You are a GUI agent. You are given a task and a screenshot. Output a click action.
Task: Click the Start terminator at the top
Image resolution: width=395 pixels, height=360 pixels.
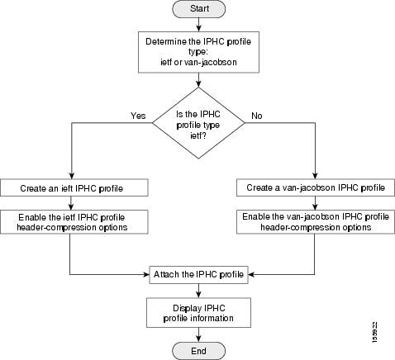[x=197, y=10]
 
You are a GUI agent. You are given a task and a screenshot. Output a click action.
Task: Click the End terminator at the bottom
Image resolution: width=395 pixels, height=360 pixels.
[x=197, y=350]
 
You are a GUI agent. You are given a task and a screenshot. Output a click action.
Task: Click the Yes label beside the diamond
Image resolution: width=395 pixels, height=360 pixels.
[x=137, y=116]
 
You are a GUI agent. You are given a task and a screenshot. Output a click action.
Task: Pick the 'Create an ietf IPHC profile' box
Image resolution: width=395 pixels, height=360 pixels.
[x=75, y=188]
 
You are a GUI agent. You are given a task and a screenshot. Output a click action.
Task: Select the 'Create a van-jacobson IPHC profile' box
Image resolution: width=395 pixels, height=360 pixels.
[x=315, y=188]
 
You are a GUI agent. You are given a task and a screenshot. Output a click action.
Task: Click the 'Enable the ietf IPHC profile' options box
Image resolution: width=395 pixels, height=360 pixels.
[x=75, y=221]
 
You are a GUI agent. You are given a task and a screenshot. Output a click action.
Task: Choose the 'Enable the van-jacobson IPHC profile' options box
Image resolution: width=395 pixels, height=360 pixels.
[x=315, y=221]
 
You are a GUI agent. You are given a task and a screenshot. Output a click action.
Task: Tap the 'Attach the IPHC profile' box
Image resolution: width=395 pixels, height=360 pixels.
[x=197, y=273]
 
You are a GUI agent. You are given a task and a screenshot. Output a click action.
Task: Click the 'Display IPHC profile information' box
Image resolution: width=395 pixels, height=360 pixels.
[x=197, y=312]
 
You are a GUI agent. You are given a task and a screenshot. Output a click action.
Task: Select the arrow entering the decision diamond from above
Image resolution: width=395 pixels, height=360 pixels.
[x=197, y=86]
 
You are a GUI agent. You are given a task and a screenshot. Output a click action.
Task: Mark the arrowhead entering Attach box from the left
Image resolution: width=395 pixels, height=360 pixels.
[x=145, y=273]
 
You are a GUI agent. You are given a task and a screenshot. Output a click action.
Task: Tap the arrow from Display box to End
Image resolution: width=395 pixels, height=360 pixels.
[x=197, y=334]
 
